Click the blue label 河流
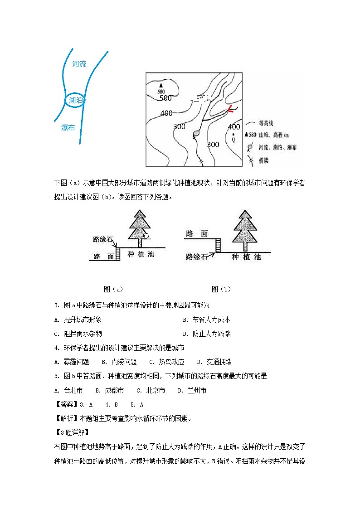tap(79, 64)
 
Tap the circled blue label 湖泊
tap(75, 100)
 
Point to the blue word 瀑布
tap(68, 128)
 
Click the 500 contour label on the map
tap(165, 98)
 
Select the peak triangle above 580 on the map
tap(160, 85)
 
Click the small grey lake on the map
tap(196, 134)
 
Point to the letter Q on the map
tap(234, 140)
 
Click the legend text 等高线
tap(266, 123)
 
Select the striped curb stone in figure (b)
tap(218, 245)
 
